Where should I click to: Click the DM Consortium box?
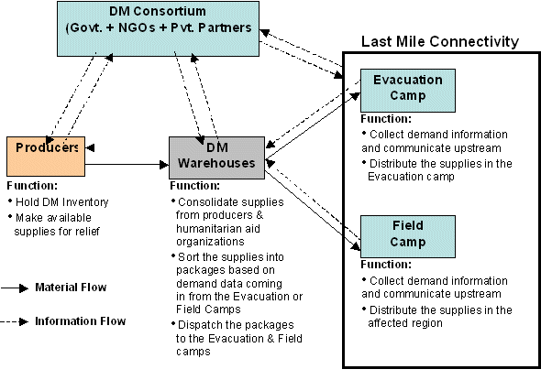click(158, 28)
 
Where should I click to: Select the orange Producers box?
click(46, 157)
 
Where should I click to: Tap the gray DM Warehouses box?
click(216, 157)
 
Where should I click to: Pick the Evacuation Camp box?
click(408, 91)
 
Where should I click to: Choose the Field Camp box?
click(408, 236)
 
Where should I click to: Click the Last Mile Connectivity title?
click(440, 42)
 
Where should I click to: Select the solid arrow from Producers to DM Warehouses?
click(127, 165)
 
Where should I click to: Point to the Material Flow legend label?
click(71, 288)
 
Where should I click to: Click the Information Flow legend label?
click(81, 321)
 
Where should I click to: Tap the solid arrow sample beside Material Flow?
click(15, 288)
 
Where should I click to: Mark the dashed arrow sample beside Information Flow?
click(15, 321)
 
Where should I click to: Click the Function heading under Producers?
click(32, 186)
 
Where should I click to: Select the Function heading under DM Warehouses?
click(195, 186)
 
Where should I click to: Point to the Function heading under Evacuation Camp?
click(386, 119)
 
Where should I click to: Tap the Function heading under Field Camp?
click(386, 265)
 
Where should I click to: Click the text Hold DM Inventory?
click(62, 201)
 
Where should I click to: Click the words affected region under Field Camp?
click(405, 323)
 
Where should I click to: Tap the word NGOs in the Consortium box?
click(137, 27)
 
